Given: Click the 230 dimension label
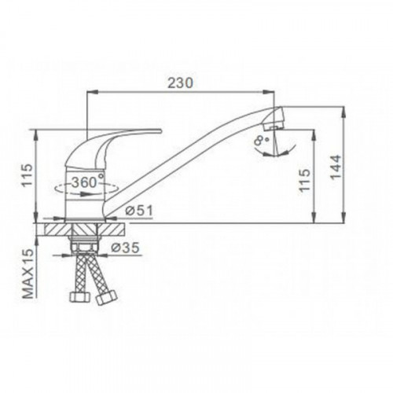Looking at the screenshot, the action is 181,83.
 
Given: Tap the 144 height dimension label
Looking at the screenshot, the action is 336,167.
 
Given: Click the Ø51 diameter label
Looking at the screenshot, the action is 139,211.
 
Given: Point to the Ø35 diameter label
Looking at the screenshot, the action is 125,248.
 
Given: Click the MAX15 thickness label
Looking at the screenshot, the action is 28,274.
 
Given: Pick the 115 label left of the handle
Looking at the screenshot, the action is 27,175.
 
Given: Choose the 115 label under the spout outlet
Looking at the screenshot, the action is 305,181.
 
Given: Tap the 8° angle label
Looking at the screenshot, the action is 261,140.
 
